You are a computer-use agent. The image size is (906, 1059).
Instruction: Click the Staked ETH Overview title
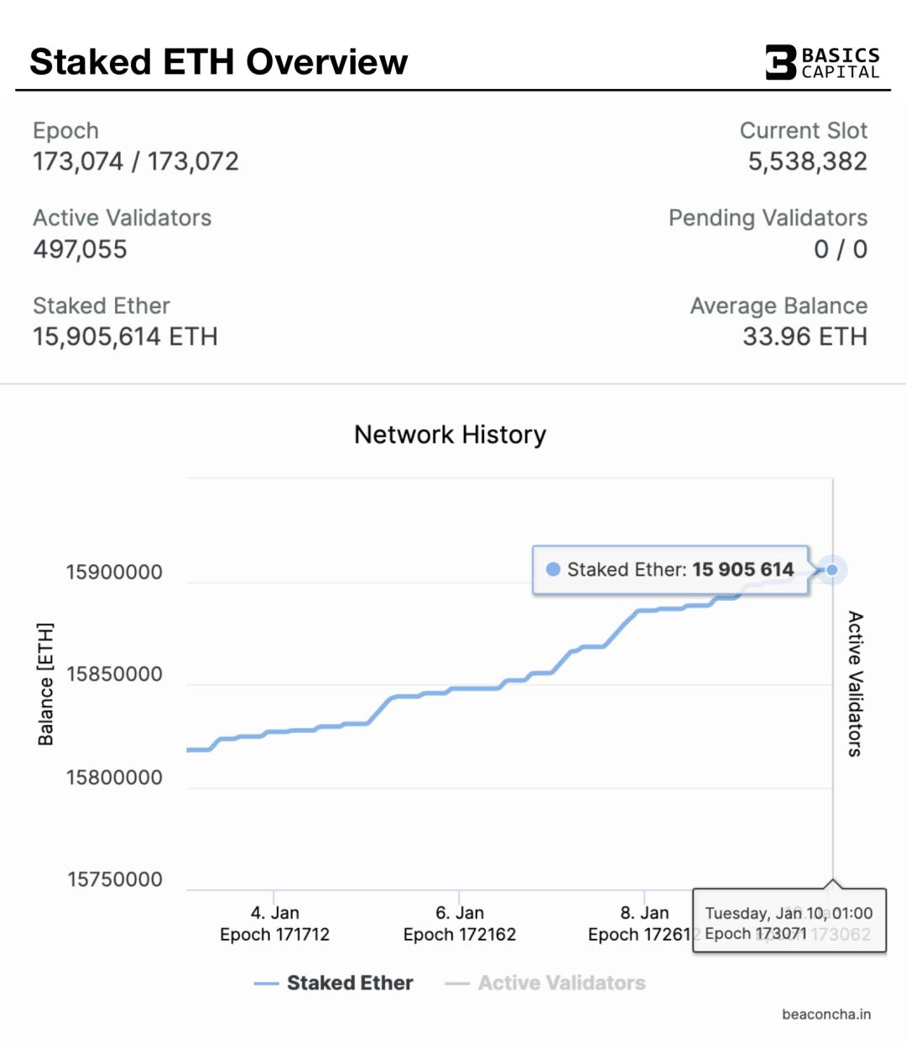click(x=218, y=62)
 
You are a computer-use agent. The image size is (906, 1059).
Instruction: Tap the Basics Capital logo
click(x=822, y=63)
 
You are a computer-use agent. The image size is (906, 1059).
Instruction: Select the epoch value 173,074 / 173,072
click(x=136, y=161)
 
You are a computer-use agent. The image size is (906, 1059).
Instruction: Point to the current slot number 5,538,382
click(x=807, y=161)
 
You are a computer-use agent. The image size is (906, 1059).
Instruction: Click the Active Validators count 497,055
click(x=81, y=249)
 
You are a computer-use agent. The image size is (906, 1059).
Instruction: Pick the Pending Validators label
click(x=768, y=218)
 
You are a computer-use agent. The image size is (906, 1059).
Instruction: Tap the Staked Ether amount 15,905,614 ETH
click(x=125, y=336)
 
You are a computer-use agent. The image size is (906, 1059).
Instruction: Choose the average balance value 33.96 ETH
click(x=804, y=336)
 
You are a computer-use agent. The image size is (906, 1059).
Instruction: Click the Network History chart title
click(x=450, y=435)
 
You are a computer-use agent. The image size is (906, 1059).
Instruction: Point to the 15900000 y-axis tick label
click(x=114, y=572)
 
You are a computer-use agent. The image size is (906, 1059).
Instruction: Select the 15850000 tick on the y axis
click(x=114, y=675)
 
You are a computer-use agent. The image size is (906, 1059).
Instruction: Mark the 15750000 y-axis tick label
click(x=115, y=879)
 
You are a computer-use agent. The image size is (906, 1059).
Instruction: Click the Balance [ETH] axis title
click(x=46, y=684)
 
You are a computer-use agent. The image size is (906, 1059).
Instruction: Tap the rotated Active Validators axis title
click(x=855, y=684)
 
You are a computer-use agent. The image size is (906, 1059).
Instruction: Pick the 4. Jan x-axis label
click(x=275, y=913)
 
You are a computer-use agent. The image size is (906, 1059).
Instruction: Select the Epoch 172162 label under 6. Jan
click(x=460, y=935)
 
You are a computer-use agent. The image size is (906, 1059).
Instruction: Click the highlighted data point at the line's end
click(x=832, y=570)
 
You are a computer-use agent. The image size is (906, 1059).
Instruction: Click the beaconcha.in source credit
click(x=826, y=1015)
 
